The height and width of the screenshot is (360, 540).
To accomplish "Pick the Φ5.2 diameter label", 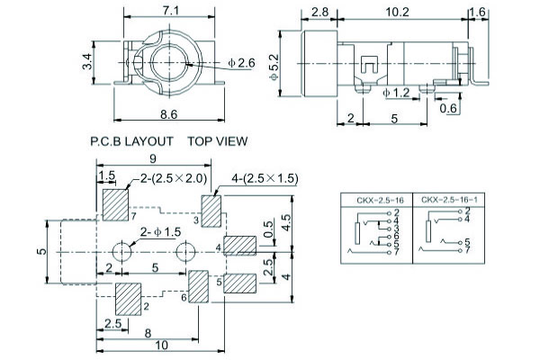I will pyautogui.click(x=275, y=65).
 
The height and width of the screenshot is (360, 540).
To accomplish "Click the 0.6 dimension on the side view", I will pyautogui.click(x=448, y=109).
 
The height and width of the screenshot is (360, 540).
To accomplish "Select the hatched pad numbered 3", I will pyautogui.click(x=211, y=210).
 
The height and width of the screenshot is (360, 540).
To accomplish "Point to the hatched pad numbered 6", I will pyautogui.click(x=198, y=285).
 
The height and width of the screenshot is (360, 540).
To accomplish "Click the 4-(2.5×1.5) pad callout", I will pyautogui.click(x=265, y=178).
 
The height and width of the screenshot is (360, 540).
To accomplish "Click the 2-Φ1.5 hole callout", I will pyautogui.click(x=161, y=231).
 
